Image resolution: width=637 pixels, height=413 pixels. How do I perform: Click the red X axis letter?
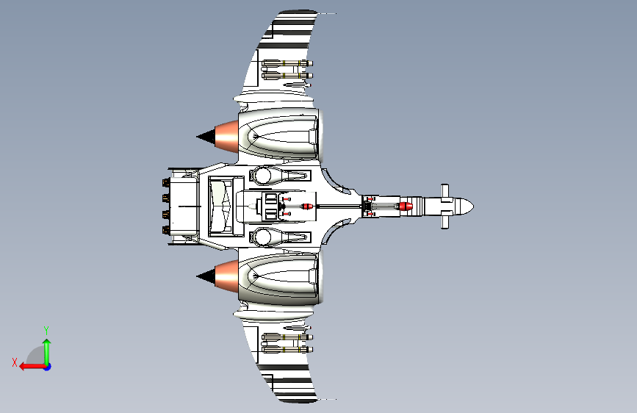click(x=14, y=362)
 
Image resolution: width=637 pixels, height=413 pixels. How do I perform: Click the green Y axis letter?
click(x=46, y=330)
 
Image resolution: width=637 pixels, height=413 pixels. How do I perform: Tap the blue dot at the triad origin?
click(x=47, y=366)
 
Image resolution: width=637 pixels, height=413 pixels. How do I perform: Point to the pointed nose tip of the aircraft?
click(x=471, y=206)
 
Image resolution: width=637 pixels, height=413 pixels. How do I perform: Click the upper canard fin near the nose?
click(x=445, y=191)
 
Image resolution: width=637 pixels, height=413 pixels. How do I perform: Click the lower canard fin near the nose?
click(x=445, y=221)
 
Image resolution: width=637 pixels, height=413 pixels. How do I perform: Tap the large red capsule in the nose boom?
click(x=406, y=206)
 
